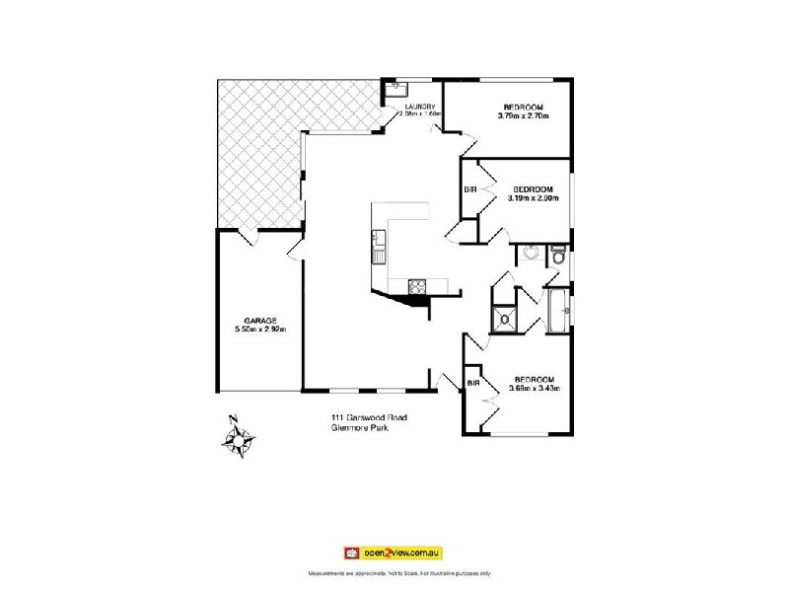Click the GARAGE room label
click(x=260, y=321)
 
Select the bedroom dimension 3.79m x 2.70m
click(x=522, y=116)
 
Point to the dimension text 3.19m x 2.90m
click(x=533, y=197)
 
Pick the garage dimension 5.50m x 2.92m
click(x=260, y=330)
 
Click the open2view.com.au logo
click(x=394, y=552)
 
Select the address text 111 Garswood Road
click(x=369, y=418)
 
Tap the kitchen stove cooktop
click(x=418, y=287)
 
